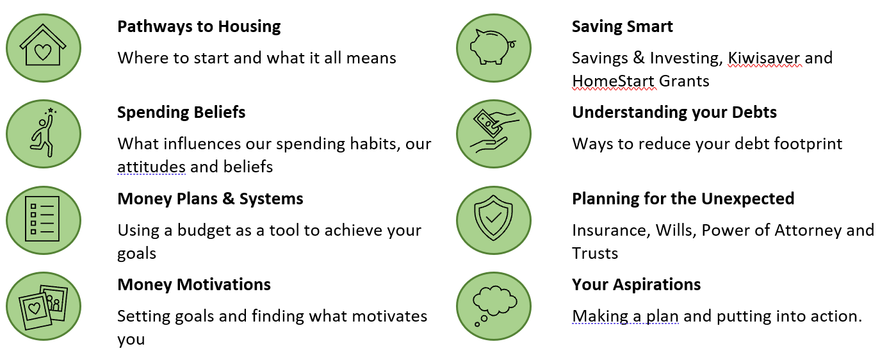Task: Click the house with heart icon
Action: [43, 45]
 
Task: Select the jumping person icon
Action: [43, 133]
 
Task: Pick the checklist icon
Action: [42, 219]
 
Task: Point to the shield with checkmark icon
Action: [493, 217]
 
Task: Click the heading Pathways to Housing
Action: [199, 27]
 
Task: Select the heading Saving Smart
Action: [623, 27]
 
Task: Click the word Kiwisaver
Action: [764, 58]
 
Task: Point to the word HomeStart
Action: [614, 81]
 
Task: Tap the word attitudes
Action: [151, 167]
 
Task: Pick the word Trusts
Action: [595, 253]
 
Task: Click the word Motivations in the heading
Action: [224, 284]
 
